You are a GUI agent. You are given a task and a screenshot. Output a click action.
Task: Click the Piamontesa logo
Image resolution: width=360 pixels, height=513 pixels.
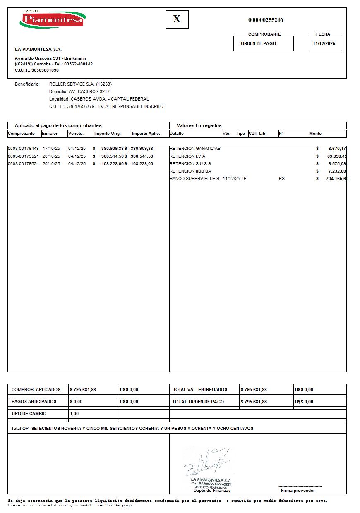[53, 19]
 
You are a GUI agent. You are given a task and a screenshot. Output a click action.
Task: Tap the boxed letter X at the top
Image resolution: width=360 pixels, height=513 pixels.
[177, 19]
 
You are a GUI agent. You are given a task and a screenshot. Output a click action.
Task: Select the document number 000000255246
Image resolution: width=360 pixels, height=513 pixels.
[265, 20]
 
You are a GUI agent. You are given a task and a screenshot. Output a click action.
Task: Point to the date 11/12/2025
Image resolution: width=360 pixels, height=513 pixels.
[324, 43]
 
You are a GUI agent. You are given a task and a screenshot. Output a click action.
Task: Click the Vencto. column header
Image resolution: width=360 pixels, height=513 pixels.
[76, 134]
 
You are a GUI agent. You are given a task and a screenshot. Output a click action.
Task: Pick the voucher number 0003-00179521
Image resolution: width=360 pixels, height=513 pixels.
[23, 156]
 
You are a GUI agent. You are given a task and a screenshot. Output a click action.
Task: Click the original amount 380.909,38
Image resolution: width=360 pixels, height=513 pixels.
[113, 148]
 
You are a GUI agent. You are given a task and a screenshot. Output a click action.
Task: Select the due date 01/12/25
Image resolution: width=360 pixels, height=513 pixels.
[77, 148]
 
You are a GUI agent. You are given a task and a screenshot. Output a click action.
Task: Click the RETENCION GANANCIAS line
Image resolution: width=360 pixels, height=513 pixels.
[195, 148]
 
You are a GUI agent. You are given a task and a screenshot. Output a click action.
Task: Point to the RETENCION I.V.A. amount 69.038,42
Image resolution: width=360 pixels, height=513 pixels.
[336, 156]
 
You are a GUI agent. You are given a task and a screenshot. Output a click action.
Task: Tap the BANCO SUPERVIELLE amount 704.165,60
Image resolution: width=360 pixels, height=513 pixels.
[337, 179]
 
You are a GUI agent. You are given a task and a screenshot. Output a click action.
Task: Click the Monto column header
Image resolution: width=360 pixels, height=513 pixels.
[315, 134]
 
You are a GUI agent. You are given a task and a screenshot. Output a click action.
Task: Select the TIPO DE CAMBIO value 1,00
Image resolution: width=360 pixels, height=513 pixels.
[74, 414]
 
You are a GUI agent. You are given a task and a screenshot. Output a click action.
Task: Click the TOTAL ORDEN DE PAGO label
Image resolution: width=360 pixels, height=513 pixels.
[198, 402]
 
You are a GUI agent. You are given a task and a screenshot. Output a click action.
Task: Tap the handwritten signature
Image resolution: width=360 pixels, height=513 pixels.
[207, 461]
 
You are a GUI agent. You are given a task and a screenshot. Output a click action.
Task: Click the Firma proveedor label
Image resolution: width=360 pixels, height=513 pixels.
[298, 491]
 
